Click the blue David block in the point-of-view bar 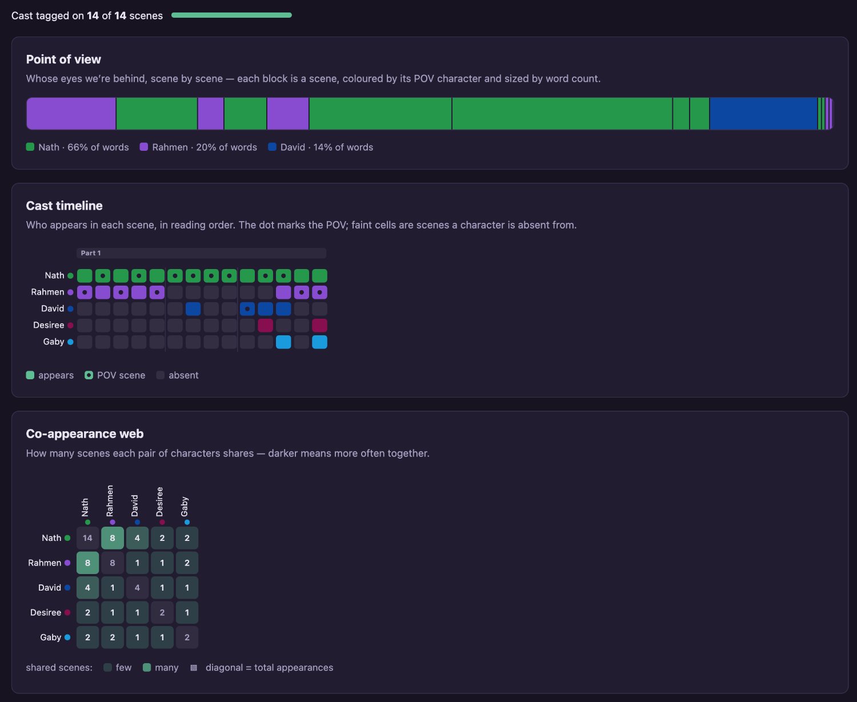click(x=763, y=114)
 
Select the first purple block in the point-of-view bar click(x=71, y=114)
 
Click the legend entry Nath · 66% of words click(x=77, y=147)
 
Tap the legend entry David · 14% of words click(x=321, y=147)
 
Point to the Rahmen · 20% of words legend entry click(x=198, y=147)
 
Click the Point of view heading click(x=63, y=59)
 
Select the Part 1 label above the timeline click(x=91, y=253)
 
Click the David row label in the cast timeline click(x=53, y=309)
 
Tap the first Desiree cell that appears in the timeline click(x=265, y=326)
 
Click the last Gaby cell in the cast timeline click(x=319, y=342)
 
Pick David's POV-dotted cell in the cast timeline click(x=247, y=309)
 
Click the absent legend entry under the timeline click(x=177, y=375)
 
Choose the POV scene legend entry click(x=115, y=375)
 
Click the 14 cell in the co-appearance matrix click(x=87, y=538)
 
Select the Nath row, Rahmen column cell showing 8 click(x=112, y=538)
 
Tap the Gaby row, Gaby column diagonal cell click(x=187, y=637)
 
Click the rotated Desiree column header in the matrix click(x=160, y=502)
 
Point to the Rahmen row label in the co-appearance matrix click(x=45, y=563)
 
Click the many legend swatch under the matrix click(x=147, y=668)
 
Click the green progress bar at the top click(x=231, y=15)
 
